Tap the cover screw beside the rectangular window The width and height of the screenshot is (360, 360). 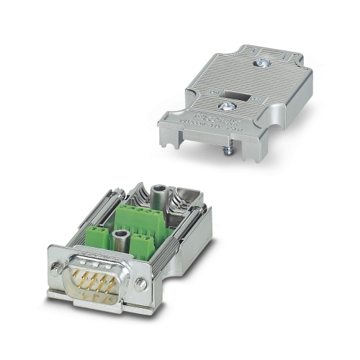(x=229, y=106)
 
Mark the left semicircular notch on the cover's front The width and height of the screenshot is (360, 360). (x=173, y=133)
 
